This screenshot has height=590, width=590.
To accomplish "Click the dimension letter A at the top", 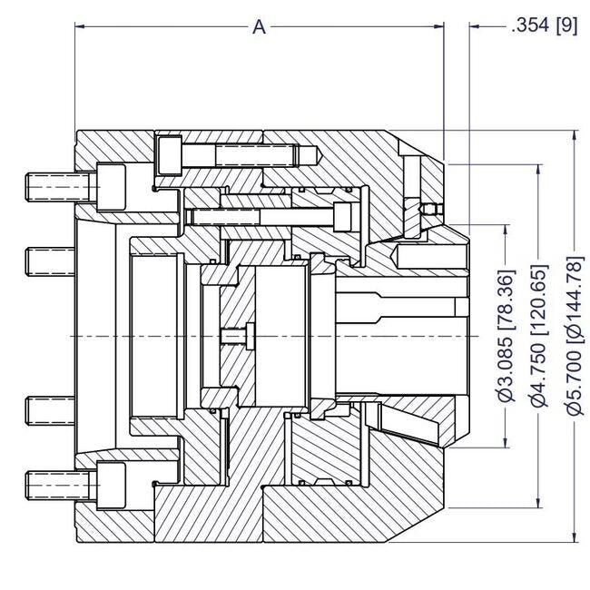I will [259, 27].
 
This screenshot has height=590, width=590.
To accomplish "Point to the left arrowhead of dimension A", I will [80, 27].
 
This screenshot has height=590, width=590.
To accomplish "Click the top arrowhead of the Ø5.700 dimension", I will [575, 136].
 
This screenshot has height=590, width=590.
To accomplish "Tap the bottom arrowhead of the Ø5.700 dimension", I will [575, 537].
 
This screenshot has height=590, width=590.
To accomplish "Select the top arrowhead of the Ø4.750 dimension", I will [542, 169].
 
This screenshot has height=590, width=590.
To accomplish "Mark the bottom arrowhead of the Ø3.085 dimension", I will [508, 442].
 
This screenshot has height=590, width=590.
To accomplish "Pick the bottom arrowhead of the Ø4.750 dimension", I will [542, 503].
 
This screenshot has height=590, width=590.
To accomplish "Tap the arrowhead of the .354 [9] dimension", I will [475, 27].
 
